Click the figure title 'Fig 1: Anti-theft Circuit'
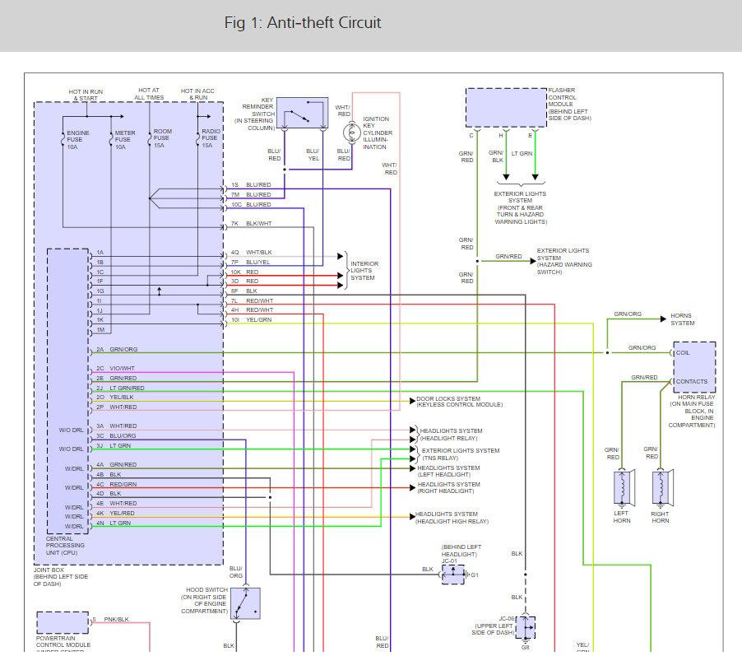coord(303,23)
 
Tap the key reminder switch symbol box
coord(303,113)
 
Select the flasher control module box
coord(507,108)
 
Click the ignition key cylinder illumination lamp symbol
coord(351,133)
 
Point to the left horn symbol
coord(624,487)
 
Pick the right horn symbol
coord(662,487)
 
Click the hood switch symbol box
coord(246,603)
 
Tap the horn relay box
coord(694,367)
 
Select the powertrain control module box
coord(63,622)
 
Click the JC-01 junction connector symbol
coord(453,575)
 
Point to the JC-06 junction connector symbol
coord(526,627)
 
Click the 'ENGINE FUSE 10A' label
coord(77,140)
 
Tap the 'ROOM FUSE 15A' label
coord(162,137)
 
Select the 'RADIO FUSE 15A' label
coord(211,137)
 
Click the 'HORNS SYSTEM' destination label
coord(683,319)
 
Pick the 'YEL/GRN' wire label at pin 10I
coord(258,319)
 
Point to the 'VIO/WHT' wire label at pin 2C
coord(122,368)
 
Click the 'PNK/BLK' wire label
coord(117,619)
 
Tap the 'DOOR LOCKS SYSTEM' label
coord(448,398)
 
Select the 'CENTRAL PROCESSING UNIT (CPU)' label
coord(65,546)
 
